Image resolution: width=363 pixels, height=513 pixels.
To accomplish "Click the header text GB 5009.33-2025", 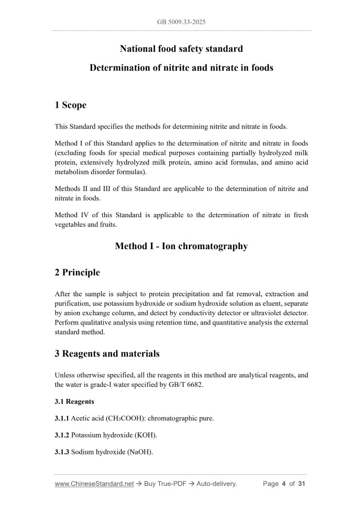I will [181, 23].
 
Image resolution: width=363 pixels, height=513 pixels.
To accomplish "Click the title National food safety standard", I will [181, 49].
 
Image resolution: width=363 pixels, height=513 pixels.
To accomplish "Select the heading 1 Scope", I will [71, 105].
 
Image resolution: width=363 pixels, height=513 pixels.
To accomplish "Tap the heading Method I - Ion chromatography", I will [181, 246].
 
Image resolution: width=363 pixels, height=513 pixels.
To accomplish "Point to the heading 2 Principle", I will [78, 272].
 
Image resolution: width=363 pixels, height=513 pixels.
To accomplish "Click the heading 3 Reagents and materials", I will [107, 353].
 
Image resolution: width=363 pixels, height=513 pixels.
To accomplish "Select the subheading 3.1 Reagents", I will [74, 402].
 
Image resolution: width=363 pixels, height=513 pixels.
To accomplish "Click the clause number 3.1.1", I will [62, 418].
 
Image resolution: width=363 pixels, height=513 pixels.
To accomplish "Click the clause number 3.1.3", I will [62, 452].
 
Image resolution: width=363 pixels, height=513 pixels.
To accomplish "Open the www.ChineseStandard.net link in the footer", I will [94, 484].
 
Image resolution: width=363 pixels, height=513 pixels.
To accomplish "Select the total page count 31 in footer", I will [301, 484].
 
